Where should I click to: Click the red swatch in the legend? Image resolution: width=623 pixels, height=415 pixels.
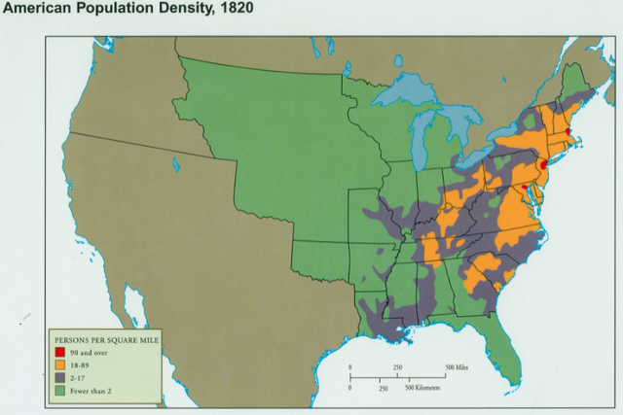(60, 352)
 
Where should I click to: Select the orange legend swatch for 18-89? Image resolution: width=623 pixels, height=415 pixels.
(60, 363)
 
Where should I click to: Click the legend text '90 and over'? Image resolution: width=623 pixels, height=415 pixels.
(90, 352)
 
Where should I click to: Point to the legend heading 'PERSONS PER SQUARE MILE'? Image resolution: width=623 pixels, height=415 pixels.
(107, 339)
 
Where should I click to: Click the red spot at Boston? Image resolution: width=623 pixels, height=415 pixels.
(568, 129)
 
